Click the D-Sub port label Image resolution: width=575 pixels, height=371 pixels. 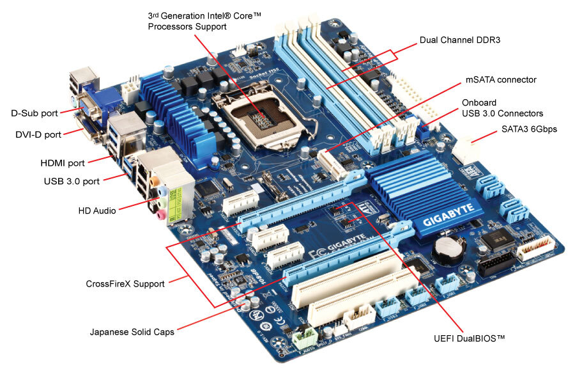pyautogui.click(x=33, y=113)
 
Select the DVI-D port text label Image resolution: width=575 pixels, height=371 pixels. pyautogui.click(x=38, y=134)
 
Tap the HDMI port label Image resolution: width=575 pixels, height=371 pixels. pyautogui.click(x=63, y=164)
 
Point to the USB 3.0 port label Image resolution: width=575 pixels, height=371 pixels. pyautogui.click(x=72, y=181)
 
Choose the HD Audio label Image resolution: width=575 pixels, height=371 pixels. pyautogui.click(x=96, y=210)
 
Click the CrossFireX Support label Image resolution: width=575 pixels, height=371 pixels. pyautogui.click(x=125, y=283)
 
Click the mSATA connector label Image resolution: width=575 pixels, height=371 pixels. pyautogui.click(x=500, y=80)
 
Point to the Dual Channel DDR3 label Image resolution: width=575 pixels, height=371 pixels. pyautogui.click(x=459, y=40)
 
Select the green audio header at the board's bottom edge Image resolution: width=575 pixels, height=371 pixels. pyautogui.click(x=306, y=338)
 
